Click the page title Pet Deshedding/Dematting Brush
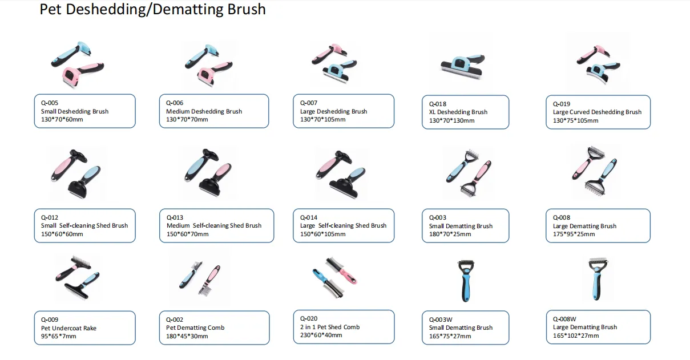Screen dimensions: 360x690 coord(152,10)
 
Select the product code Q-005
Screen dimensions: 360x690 coord(50,103)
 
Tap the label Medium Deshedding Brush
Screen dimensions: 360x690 coord(204,112)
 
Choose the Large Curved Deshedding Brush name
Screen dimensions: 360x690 coord(597,112)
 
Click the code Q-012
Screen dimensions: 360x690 coord(50,217)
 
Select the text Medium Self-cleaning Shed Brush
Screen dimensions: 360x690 coord(213,226)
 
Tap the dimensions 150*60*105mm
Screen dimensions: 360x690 coord(322,234)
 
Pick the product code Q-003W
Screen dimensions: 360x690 coord(441,319)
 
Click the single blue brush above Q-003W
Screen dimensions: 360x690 coord(465,281)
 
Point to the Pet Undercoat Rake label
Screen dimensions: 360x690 coord(68,328)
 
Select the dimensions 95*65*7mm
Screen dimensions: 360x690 coord(58,337)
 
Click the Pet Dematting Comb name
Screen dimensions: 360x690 coord(195,328)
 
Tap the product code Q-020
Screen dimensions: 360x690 coord(309,319)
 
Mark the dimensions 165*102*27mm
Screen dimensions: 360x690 coord(576,336)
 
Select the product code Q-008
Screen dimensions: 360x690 coord(562,217)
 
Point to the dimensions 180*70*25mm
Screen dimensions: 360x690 coord(450,234)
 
